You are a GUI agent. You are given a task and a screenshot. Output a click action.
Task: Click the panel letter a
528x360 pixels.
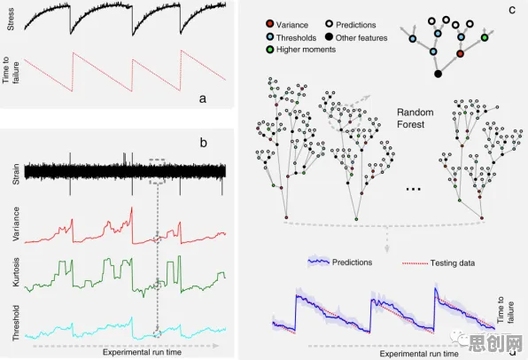[202, 98]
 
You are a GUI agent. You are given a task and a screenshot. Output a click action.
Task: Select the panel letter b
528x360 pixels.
[203, 143]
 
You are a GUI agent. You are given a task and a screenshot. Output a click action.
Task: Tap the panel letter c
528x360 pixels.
[512, 10]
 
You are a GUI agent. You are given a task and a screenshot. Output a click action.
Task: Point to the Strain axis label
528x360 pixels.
[16, 174]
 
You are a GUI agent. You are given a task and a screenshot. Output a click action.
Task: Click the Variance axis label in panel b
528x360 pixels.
[16, 224]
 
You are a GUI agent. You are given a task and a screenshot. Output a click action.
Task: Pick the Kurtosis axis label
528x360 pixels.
[16, 272]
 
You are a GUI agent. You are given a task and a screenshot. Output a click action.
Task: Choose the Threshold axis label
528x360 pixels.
[16, 323]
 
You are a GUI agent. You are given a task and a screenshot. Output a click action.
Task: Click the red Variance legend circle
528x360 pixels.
[269, 24]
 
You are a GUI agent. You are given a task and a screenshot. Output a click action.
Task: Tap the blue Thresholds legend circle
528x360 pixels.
[269, 36]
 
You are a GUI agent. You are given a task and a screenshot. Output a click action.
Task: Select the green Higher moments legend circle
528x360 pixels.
[269, 50]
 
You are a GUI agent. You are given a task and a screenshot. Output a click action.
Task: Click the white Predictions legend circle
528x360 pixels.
[329, 24]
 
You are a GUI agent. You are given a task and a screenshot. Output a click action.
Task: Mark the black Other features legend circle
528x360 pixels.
[329, 36]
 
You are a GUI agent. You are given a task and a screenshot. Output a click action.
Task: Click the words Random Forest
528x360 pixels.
[415, 118]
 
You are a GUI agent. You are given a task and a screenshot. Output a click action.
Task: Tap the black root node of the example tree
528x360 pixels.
[438, 74]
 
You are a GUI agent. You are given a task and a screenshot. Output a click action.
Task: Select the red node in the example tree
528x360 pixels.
[461, 53]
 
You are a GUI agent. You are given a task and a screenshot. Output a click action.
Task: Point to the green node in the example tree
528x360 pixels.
[485, 37]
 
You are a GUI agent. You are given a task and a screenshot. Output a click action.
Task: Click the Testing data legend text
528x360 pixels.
[452, 263]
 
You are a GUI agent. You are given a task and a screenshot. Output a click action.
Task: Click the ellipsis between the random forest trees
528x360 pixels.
[414, 190]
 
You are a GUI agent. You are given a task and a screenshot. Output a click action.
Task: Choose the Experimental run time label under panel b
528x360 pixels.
[142, 352]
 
